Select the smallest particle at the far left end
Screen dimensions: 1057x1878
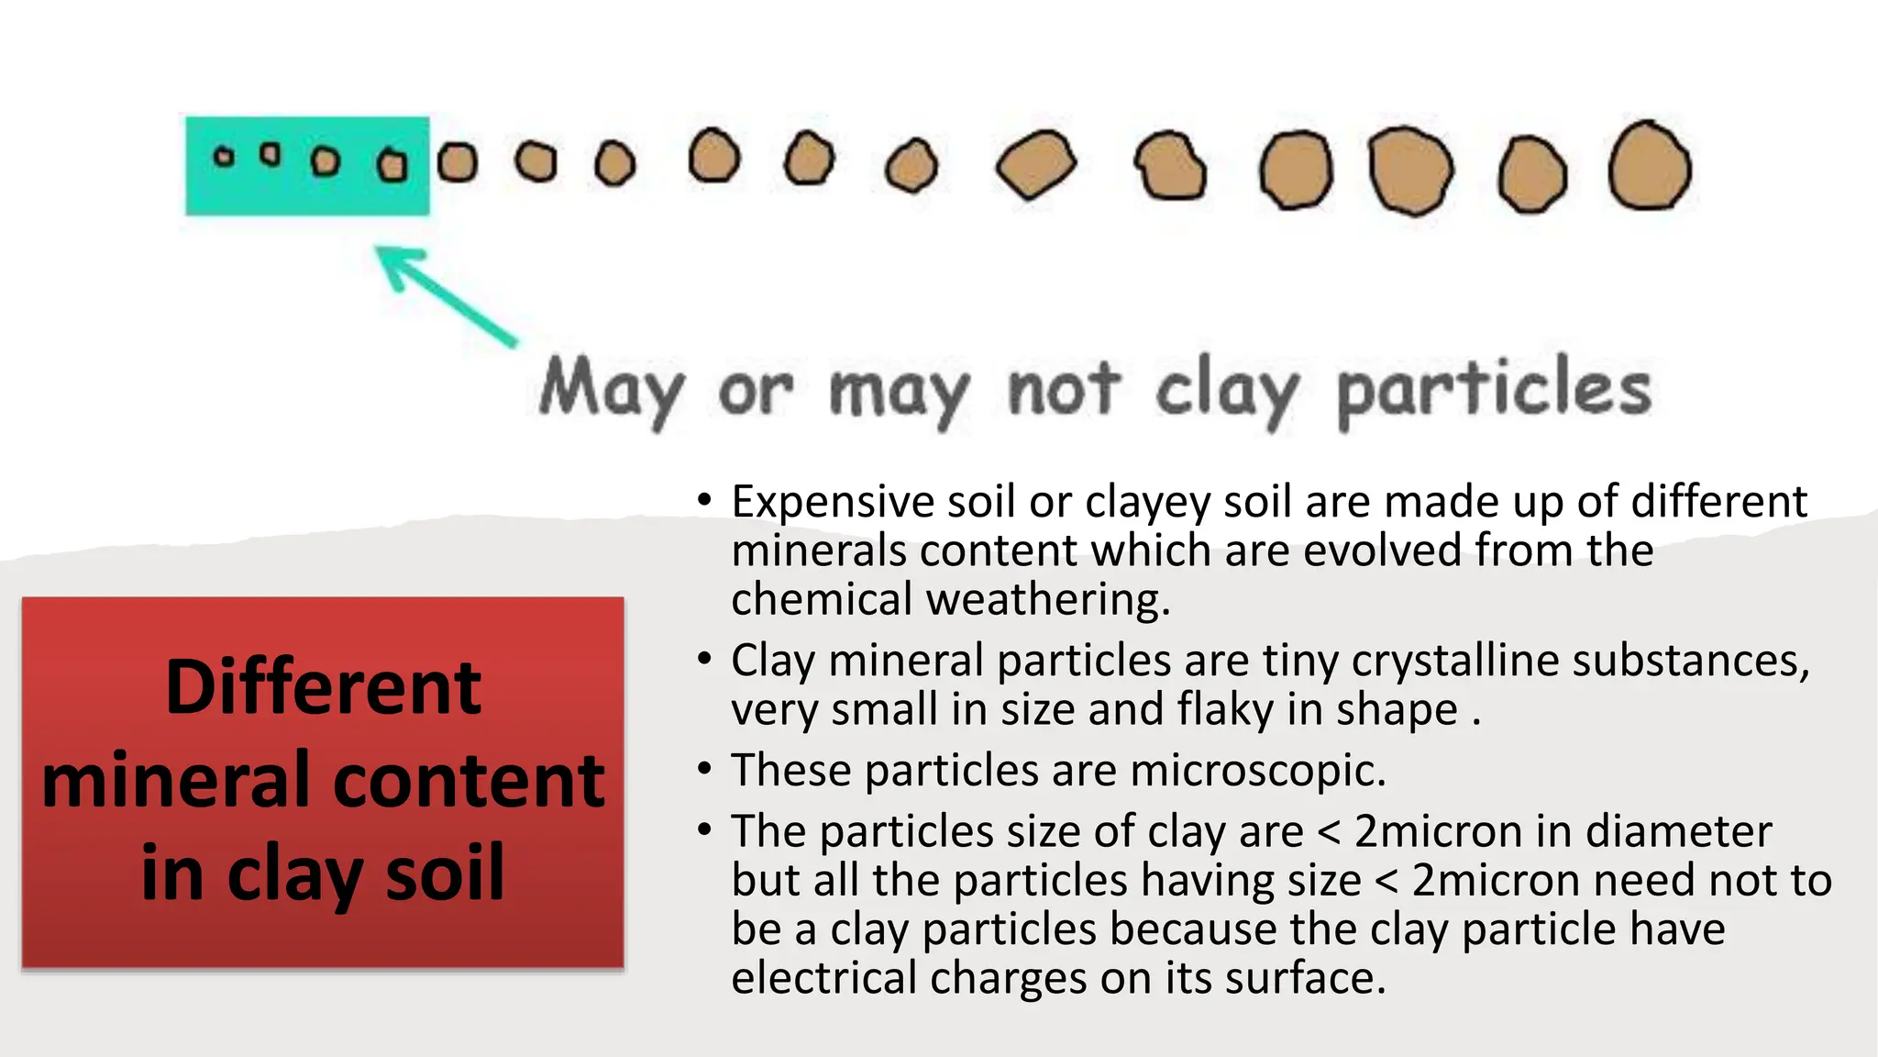pos(224,157)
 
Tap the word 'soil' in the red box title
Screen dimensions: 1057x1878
pos(445,873)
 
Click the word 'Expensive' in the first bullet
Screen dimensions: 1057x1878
pos(832,502)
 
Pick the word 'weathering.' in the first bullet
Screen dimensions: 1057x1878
pos(1048,599)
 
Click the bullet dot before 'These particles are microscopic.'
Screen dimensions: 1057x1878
pos(703,769)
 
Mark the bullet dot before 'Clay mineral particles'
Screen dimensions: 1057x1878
pos(703,659)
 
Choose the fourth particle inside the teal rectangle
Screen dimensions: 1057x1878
pos(392,165)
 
